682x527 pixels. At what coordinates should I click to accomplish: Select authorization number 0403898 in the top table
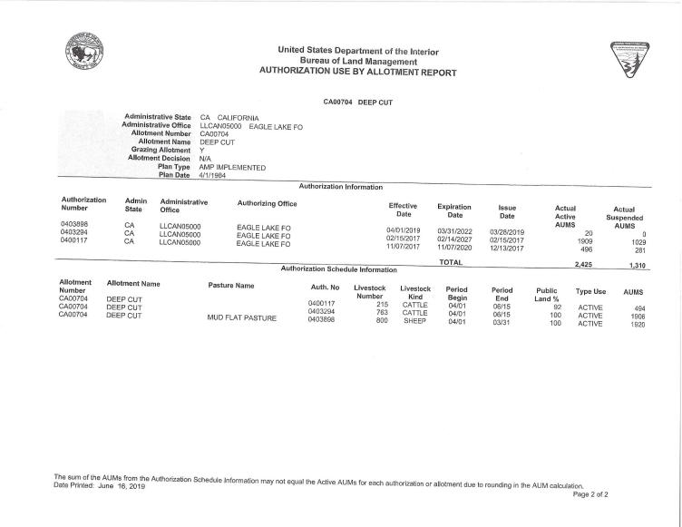[74, 223]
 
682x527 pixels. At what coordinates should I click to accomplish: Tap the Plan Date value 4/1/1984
[211, 177]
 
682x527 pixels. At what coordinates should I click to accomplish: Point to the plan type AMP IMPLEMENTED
[232, 168]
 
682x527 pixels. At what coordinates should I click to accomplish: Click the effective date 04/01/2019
[406, 230]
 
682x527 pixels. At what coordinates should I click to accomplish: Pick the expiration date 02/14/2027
[454, 239]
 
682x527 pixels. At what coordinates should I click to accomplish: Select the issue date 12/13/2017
[507, 248]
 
